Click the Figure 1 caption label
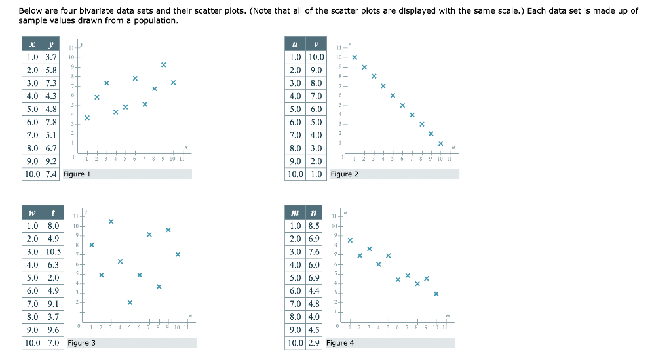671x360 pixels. [77, 174]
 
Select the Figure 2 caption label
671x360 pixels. [344, 174]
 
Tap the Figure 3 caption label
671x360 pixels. [81, 343]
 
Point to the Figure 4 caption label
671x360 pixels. [339, 343]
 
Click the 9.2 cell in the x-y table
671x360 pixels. [51, 161]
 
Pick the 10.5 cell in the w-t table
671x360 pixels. [53, 252]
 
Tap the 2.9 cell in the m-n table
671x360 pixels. [314, 343]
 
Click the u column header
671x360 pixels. [296, 44]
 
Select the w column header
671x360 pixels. [32, 212]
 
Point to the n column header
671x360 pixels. [314, 212]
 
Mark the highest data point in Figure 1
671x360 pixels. [163, 64]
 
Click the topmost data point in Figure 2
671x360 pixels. [355, 57]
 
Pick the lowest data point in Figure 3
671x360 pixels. [130, 302]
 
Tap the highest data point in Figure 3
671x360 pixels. [111, 222]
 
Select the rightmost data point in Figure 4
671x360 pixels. [436, 294]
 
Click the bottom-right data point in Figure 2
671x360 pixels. [440, 144]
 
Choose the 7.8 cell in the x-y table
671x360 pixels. [51, 123]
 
